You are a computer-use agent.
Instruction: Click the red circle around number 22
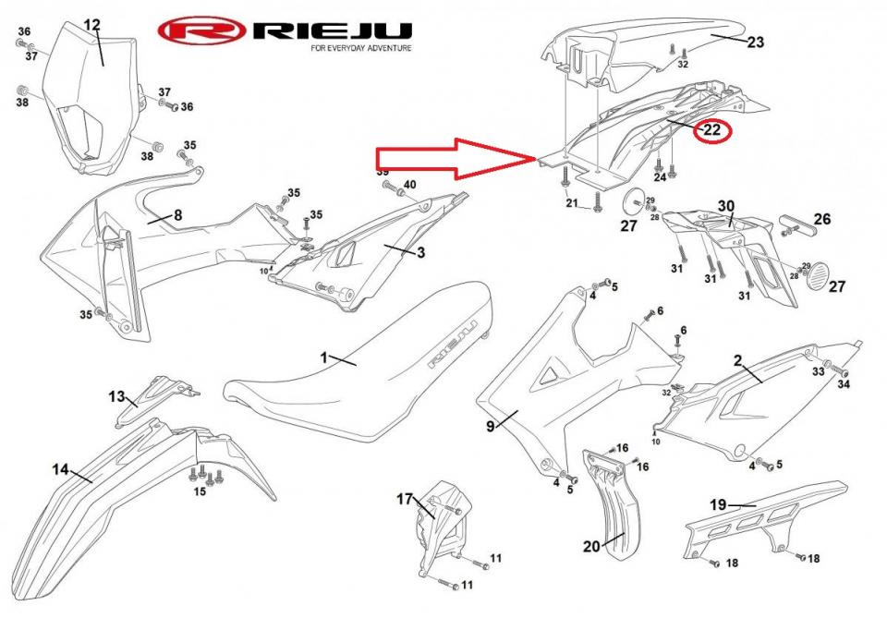coord(711,131)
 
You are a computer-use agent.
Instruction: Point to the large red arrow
coord(453,158)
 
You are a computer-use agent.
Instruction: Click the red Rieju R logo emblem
coord(201,31)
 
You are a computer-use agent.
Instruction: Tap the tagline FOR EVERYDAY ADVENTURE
coord(361,48)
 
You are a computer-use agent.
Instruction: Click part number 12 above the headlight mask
coord(92,25)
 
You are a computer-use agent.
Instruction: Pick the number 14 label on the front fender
coord(60,469)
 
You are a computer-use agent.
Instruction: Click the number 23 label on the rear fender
coord(756,42)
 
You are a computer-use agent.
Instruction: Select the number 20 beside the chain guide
coord(592,546)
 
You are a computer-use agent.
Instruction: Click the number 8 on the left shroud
coord(177,216)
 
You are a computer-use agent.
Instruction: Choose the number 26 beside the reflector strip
coord(822,220)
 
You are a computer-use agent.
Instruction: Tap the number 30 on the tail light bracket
coord(726,206)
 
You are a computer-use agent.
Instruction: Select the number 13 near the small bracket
coord(116,396)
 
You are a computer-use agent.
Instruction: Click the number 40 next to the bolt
coord(409,185)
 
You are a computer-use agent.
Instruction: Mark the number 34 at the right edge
coord(843,383)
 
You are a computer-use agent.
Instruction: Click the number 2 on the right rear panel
coord(738,359)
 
